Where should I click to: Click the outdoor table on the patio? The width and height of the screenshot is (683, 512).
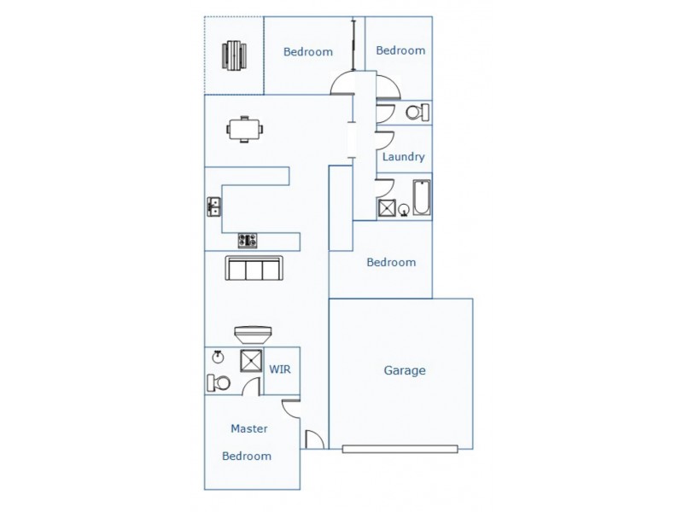(x=233, y=55)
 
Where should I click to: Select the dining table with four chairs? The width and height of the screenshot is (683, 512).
(x=245, y=129)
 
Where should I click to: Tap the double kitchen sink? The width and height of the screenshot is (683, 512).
(x=213, y=206)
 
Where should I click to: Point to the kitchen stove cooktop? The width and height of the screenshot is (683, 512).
(x=248, y=240)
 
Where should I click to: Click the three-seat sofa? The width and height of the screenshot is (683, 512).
(x=254, y=269)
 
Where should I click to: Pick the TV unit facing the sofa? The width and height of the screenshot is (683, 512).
(x=254, y=333)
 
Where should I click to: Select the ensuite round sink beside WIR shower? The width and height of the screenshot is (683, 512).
(x=218, y=357)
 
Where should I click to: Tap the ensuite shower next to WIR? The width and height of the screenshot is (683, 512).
(x=252, y=361)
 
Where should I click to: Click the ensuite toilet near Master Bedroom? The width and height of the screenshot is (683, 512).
(x=218, y=383)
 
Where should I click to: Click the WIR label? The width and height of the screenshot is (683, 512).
(x=281, y=369)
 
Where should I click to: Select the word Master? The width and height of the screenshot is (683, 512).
(x=249, y=428)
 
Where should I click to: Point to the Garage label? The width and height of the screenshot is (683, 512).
(x=404, y=370)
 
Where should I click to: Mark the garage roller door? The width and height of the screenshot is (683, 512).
(x=400, y=449)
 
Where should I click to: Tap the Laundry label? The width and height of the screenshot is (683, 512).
(x=403, y=157)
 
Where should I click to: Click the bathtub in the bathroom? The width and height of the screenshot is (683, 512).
(x=422, y=198)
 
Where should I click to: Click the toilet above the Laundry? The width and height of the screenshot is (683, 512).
(x=416, y=112)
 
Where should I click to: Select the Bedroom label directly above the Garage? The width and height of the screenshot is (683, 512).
(x=391, y=262)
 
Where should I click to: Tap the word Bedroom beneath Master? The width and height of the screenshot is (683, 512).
(x=247, y=456)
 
